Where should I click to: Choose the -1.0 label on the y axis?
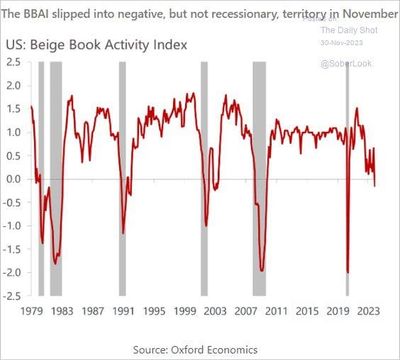(x=12, y=225)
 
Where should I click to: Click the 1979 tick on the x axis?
(x=32, y=310)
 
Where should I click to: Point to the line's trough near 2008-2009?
(x=261, y=269)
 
